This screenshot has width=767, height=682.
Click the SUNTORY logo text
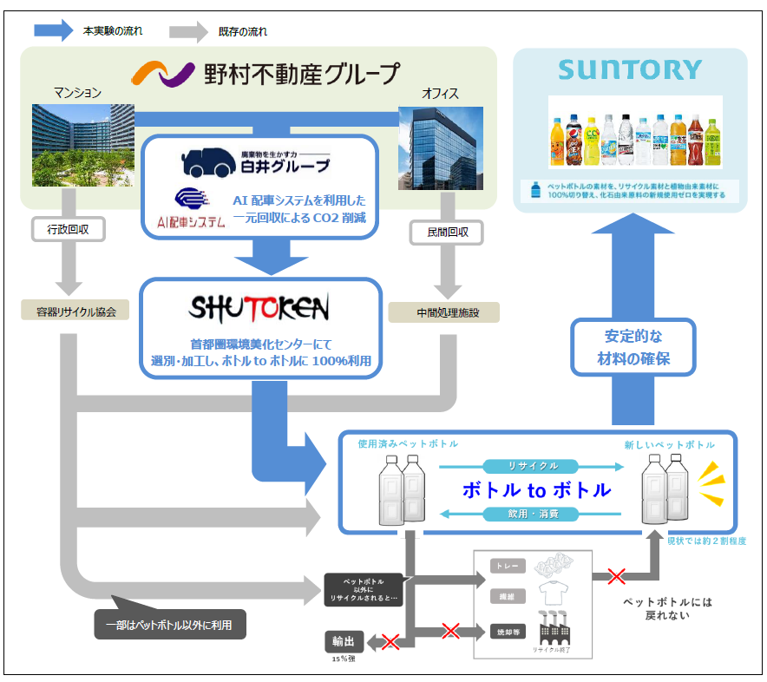[630, 70]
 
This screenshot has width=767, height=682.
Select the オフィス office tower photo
[440, 148]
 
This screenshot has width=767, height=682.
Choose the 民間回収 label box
[445, 233]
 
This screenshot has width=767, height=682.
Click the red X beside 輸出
[390, 642]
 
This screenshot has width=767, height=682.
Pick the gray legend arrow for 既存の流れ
[188, 31]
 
